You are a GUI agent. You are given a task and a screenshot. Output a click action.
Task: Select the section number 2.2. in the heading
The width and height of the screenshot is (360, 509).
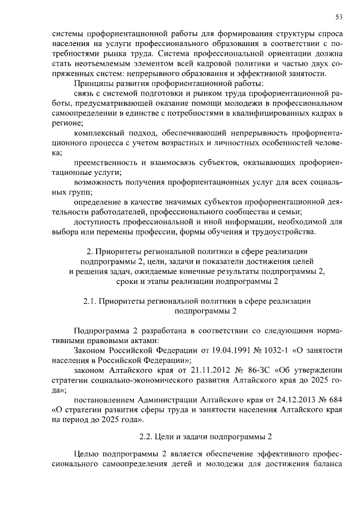(148, 436)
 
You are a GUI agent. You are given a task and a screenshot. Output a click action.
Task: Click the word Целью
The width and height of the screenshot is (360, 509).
(85, 456)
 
